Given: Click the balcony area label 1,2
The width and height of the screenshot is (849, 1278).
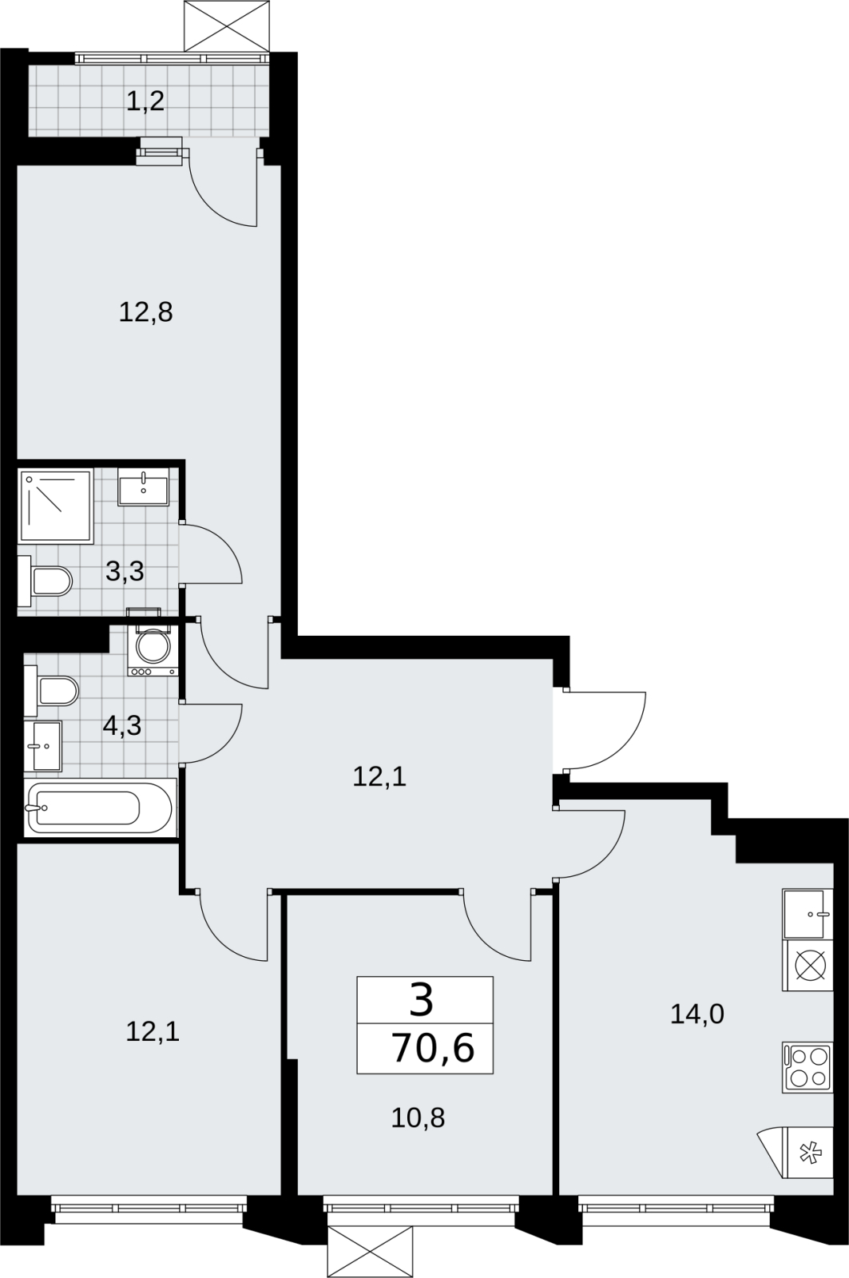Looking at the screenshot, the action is coord(145,102).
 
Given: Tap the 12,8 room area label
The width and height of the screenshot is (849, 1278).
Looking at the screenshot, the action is coord(145,312).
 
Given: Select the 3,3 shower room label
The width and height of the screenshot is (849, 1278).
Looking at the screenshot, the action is coord(125,571).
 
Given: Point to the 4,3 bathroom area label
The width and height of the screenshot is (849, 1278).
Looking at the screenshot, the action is coord(122,726).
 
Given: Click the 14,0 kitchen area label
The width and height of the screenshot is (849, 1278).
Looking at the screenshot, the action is coord(697,1014).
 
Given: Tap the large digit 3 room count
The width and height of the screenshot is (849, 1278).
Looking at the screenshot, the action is coord(422,1002).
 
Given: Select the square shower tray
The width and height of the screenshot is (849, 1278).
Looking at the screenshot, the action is coord(56,506).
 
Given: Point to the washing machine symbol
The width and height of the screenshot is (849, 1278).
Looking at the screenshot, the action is coord(153,651).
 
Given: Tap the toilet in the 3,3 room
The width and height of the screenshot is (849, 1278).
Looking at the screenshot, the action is coord(46,581).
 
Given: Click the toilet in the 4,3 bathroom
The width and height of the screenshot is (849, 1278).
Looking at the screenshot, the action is coord(51,691).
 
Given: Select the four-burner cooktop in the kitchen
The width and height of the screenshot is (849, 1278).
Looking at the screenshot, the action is coord(807,1067).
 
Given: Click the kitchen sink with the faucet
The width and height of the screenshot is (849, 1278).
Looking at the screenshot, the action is coord(807,914).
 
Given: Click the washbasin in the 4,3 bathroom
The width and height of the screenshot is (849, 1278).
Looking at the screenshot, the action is coord(43,746).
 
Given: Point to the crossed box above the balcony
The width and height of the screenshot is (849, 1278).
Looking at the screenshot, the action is coord(227,26).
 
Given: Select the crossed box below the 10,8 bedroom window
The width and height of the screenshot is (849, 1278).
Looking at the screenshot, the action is coord(371,1252).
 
